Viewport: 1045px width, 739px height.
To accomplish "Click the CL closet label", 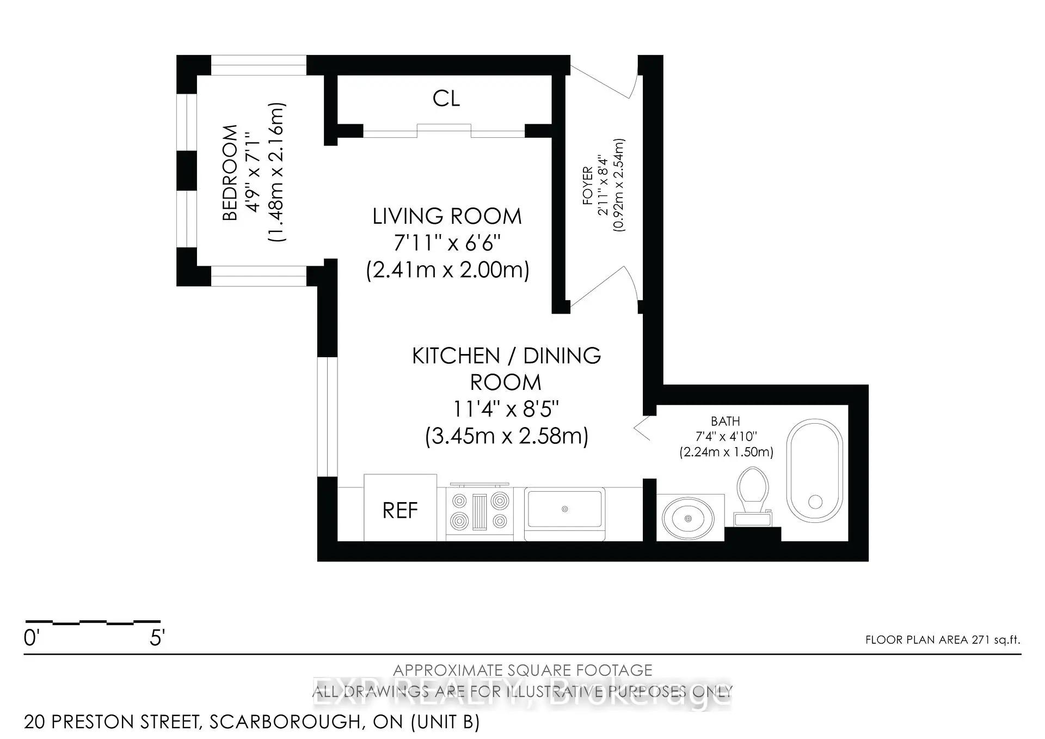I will click(x=446, y=99).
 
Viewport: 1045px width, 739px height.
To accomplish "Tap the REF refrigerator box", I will click(x=400, y=509).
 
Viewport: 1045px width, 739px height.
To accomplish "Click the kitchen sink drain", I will click(x=564, y=509).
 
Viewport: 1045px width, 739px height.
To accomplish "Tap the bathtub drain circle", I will click(x=815, y=501).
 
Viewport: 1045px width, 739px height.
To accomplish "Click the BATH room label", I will click(x=725, y=421).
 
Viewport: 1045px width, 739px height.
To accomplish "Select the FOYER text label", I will click(x=587, y=186).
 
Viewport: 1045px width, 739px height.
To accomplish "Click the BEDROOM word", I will click(x=230, y=173).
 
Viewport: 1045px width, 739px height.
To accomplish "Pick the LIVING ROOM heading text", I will click(x=447, y=216).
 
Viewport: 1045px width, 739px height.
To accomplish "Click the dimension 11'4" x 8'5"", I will click(x=506, y=408).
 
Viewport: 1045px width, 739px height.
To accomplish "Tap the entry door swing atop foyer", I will click(x=604, y=79).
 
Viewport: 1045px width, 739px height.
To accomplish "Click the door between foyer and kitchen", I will click(x=604, y=286).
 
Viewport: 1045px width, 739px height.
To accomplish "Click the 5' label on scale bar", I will click(x=157, y=638).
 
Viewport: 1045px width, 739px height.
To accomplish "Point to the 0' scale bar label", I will click(x=31, y=638).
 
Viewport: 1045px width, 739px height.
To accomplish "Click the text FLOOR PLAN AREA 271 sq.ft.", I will click(x=943, y=640).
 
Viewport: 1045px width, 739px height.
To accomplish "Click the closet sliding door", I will click(x=444, y=131).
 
